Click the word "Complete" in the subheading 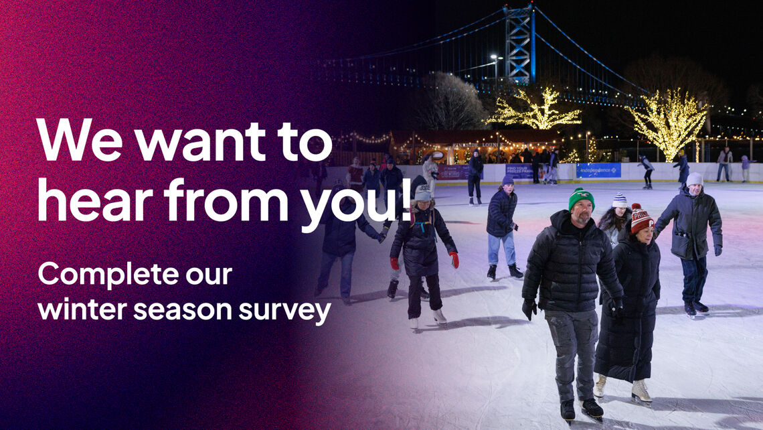click(108, 275)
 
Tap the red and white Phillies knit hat click(641, 219)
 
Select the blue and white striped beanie click(620, 200)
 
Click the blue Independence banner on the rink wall click(598, 170)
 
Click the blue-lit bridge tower click(519, 44)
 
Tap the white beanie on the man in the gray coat click(694, 179)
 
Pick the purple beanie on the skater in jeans click(507, 180)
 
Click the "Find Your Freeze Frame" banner click(518, 171)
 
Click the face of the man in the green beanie click(582, 213)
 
